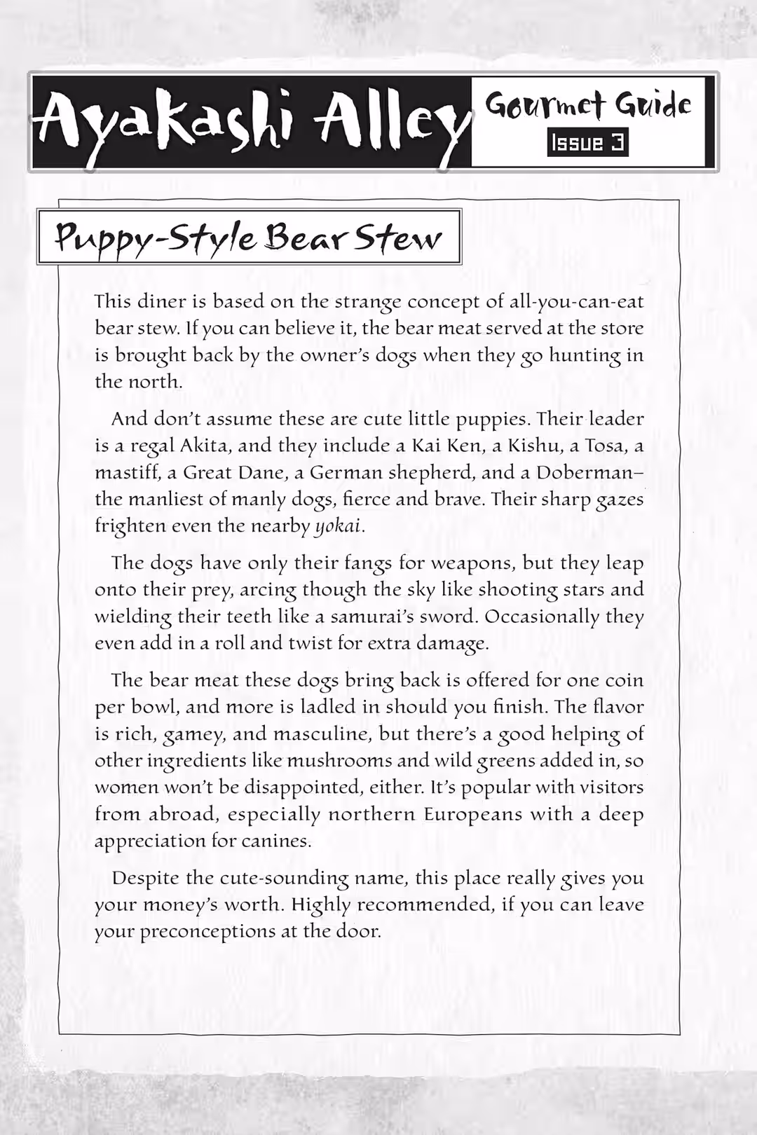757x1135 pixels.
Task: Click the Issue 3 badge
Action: (x=587, y=143)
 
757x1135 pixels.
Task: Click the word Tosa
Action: (x=606, y=446)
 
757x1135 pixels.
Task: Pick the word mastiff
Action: (x=126, y=472)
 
